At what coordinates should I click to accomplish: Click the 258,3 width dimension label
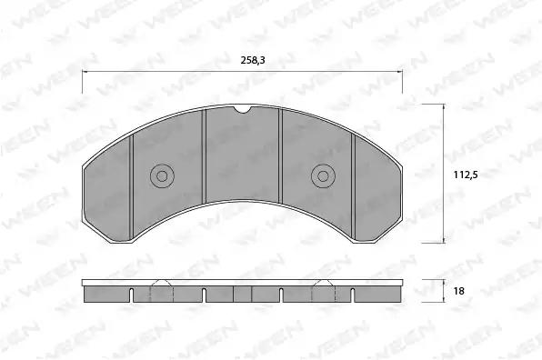(x=253, y=61)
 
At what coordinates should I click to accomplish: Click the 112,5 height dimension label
(x=466, y=175)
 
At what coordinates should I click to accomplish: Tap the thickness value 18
(x=458, y=291)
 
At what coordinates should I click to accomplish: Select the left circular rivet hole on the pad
(x=162, y=176)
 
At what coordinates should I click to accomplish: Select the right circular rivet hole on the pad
(x=323, y=176)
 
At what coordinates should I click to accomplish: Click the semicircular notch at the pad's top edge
(x=242, y=109)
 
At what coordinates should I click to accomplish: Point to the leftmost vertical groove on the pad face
(x=131, y=187)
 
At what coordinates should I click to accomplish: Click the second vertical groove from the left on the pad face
(x=204, y=156)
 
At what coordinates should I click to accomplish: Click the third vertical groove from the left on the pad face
(x=281, y=156)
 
